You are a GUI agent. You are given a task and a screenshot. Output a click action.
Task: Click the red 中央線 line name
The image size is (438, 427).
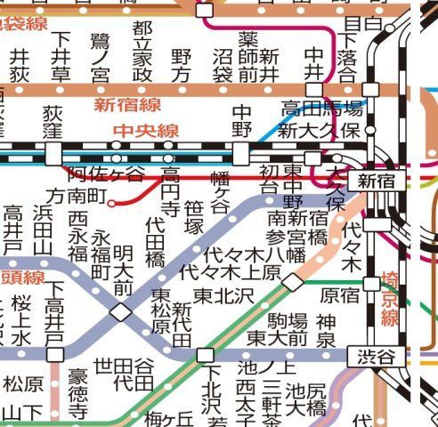[146, 132]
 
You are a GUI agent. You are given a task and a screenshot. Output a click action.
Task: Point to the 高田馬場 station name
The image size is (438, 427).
[322, 110]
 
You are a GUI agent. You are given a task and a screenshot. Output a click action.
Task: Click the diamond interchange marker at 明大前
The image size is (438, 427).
[120, 312]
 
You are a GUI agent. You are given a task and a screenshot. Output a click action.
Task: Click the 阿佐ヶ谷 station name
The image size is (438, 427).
[105, 173]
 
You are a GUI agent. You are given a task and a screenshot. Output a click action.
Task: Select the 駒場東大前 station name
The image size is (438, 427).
[277, 328]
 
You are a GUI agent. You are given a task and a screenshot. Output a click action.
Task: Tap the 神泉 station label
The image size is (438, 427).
[326, 330]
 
